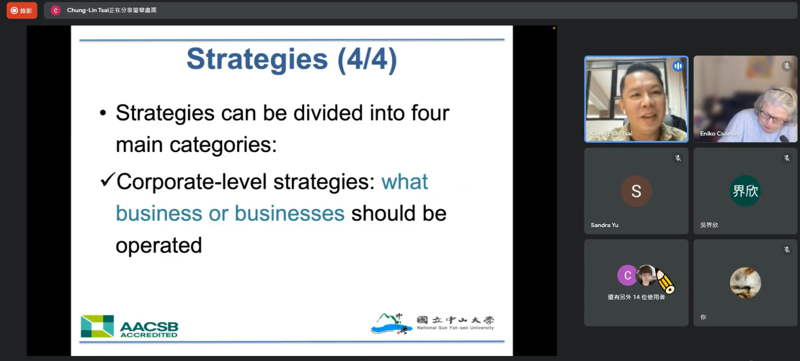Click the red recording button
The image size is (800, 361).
pos(22,10)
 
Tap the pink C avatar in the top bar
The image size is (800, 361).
pos(55,10)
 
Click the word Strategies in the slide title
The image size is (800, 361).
pos(257,59)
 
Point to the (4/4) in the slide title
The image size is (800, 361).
pos(367,59)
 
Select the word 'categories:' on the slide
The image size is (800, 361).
pos(223,145)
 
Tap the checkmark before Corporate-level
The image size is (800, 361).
pos(107,179)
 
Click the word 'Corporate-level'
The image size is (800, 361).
pos(192,182)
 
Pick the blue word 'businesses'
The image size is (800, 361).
pos(289,213)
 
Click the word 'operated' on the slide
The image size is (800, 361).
pos(159,246)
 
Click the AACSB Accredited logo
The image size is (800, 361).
pos(129,326)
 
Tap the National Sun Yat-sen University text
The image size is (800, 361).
pos(455,328)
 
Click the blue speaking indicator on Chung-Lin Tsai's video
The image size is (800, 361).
pos(678,66)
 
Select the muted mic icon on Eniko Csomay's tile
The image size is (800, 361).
pos(787,66)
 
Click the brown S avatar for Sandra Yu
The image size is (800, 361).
pos(636,191)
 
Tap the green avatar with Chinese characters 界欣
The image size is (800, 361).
pos(745,191)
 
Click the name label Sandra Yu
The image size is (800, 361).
pos(604,225)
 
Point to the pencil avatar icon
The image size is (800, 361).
pos(665,281)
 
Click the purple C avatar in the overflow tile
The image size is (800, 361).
pos(627,275)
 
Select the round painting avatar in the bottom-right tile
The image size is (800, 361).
pos(745,283)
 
